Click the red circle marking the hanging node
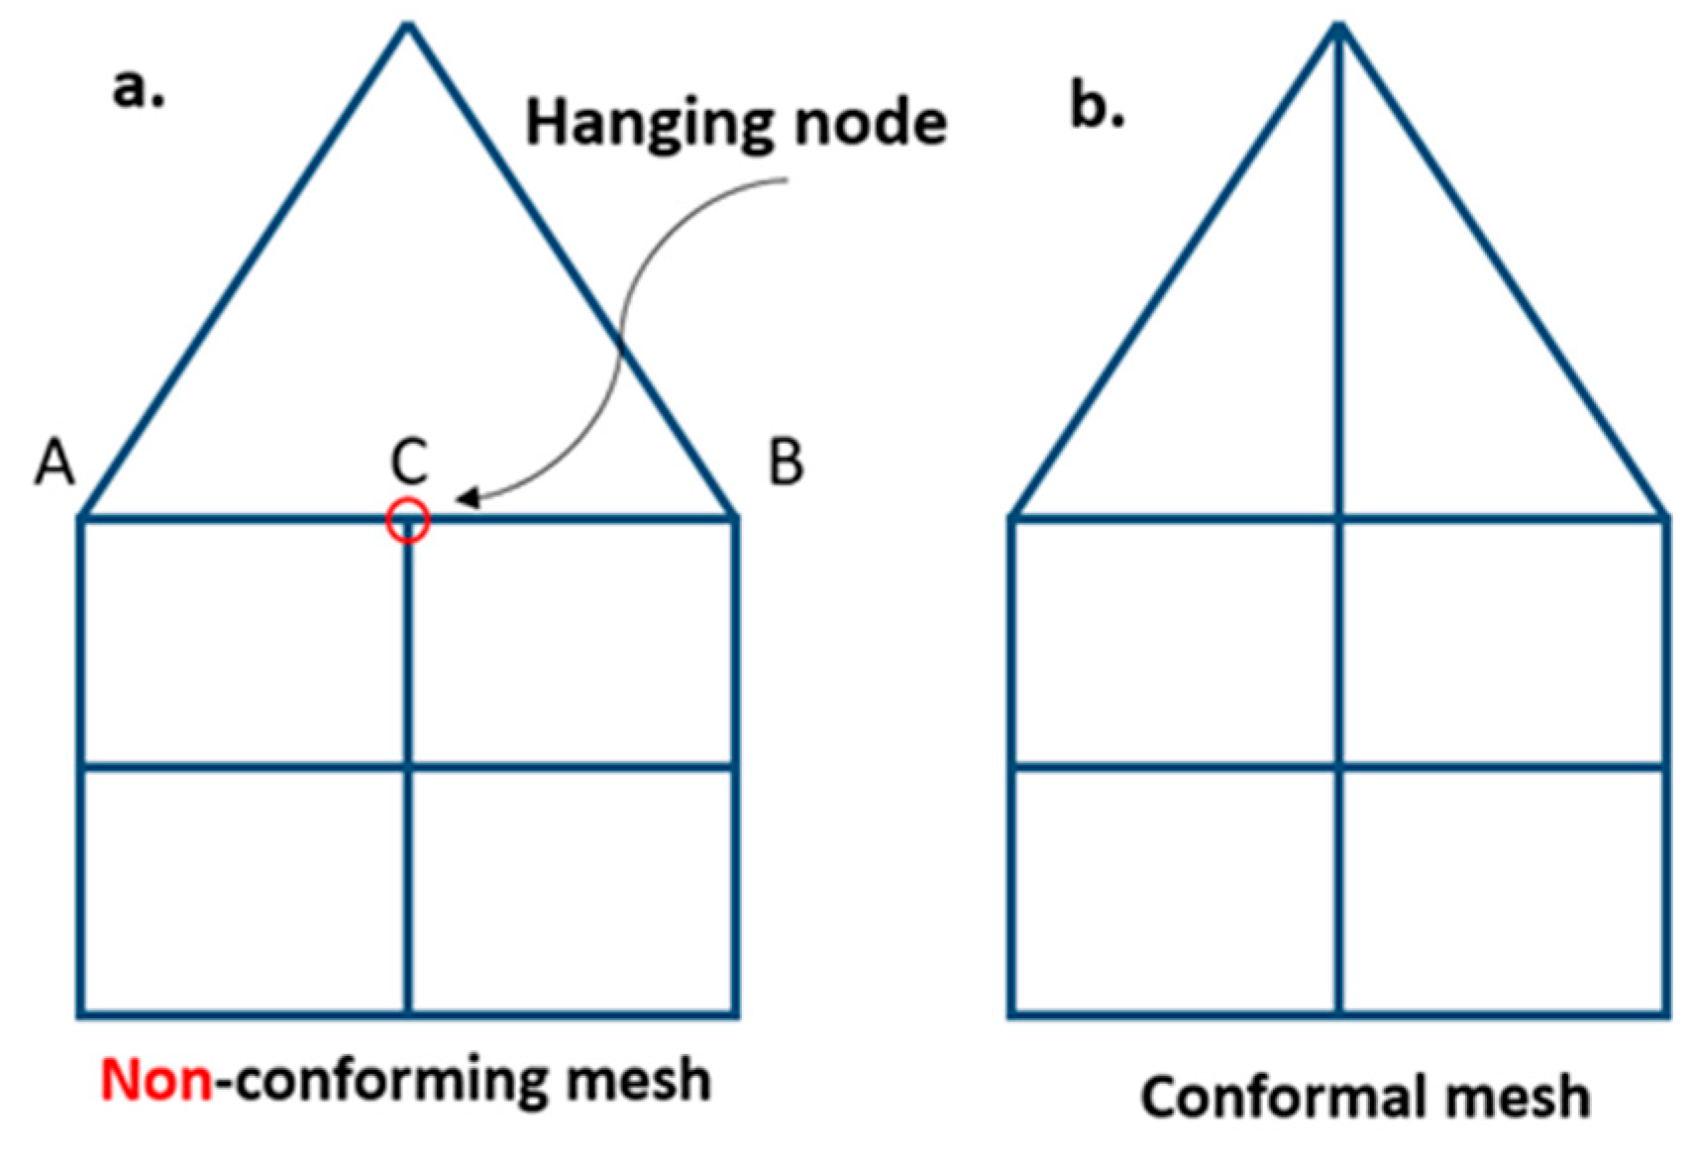pyautogui.click(x=407, y=520)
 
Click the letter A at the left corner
pyautogui.click(x=54, y=463)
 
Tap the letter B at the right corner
pyautogui.click(x=786, y=463)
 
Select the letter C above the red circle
pyautogui.click(x=408, y=462)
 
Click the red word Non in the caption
pyautogui.click(x=157, y=1080)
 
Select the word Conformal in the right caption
pyautogui.click(x=1272, y=1098)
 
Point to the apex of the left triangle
pyautogui.click(x=407, y=28)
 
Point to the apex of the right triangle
pyautogui.click(x=1338, y=28)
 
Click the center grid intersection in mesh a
pyautogui.click(x=408, y=766)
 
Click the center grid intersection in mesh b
pyautogui.click(x=1339, y=766)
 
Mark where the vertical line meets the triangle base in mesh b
pyautogui.click(x=1339, y=517)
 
